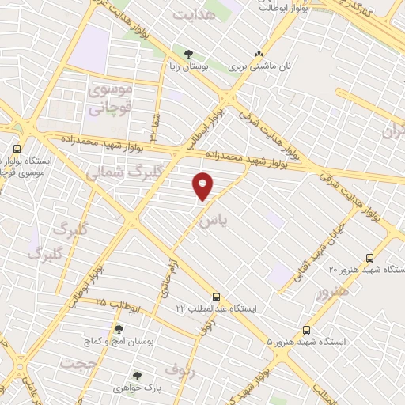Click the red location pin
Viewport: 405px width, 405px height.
(203, 186)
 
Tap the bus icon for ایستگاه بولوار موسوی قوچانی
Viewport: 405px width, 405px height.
(18, 147)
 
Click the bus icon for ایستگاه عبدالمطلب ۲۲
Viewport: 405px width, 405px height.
(216, 293)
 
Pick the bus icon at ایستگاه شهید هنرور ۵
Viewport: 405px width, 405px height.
(306, 330)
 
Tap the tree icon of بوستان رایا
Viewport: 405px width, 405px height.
(188, 55)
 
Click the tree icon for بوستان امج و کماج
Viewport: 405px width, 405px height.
(119, 328)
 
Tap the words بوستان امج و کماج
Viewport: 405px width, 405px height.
(115, 342)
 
